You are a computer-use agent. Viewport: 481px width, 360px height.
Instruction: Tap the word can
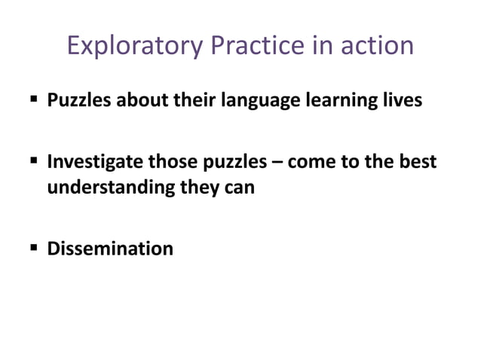tap(238, 188)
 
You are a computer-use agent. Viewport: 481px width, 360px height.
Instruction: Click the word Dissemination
tap(110, 248)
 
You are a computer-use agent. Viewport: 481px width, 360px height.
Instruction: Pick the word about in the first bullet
tap(138, 100)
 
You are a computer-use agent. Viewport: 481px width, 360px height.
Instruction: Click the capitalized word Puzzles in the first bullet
tap(78, 100)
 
